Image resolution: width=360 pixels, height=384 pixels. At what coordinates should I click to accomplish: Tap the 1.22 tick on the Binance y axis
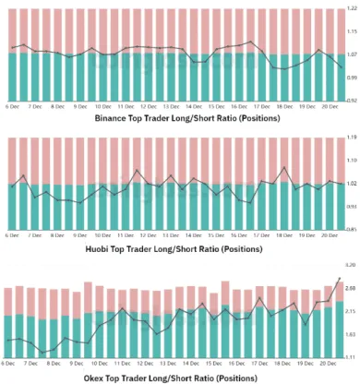(x=352, y=8)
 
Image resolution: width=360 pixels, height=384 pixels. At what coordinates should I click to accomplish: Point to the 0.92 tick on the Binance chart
(x=352, y=102)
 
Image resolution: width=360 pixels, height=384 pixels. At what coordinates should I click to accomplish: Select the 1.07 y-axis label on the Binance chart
(x=352, y=54)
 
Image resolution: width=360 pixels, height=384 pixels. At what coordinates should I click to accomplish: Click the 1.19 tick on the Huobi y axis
(x=352, y=138)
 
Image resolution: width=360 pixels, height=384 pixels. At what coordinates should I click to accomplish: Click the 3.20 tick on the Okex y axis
(x=352, y=265)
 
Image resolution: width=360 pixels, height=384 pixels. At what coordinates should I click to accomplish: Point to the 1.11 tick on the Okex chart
(x=352, y=356)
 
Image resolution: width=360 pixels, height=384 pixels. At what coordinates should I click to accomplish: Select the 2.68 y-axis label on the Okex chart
(x=352, y=288)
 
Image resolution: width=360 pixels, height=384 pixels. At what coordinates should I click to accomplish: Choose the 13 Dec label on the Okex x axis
(x=171, y=363)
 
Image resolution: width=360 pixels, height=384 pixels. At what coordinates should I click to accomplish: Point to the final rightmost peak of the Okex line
(x=340, y=278)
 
